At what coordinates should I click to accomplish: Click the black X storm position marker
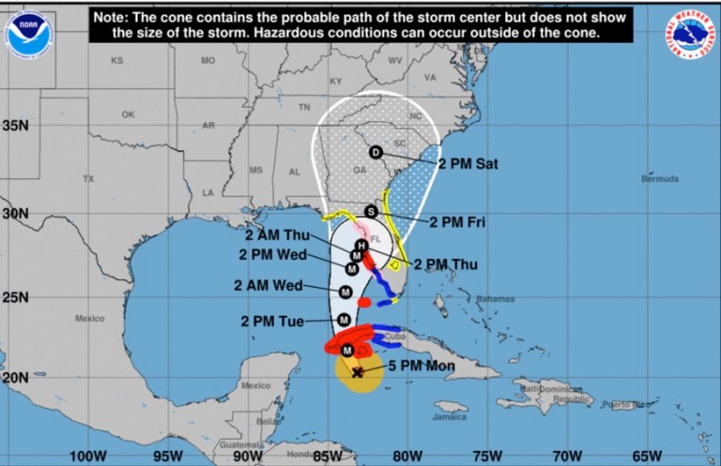358,371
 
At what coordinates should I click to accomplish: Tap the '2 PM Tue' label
272,322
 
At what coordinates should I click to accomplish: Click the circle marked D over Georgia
376,153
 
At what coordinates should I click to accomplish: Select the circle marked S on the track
371,211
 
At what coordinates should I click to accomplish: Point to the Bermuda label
659,178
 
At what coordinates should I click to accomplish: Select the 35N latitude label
16,126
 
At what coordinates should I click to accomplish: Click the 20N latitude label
16,377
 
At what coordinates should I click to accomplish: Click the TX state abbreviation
88,178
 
